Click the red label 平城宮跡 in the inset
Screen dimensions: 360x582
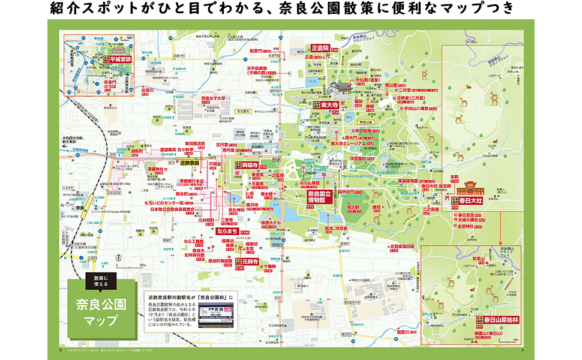117,59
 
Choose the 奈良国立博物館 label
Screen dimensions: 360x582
320,197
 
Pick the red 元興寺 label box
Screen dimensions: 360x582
247,262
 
